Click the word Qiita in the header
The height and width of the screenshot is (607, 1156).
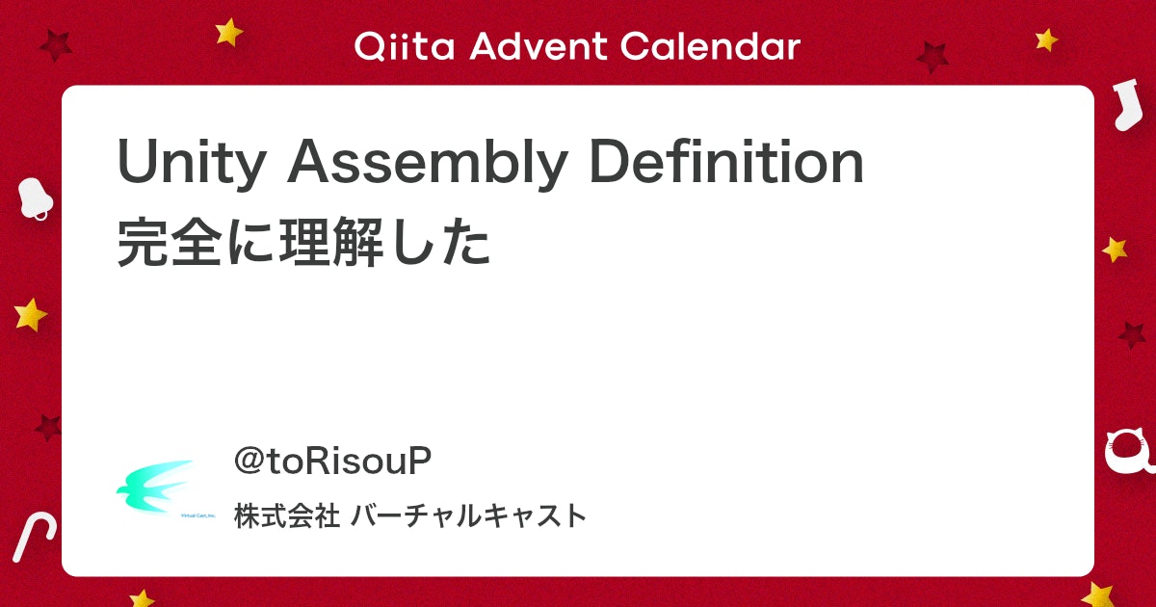point(405,46)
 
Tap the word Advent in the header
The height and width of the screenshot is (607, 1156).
point(539,46)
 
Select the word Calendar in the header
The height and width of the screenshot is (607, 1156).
point(711,46)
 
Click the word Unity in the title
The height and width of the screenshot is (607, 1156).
point(192,163)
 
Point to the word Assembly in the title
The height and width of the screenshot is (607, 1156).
point(428,163)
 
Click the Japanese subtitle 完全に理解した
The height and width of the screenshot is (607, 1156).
point(303,242)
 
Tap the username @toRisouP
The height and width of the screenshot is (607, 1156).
point(332,461)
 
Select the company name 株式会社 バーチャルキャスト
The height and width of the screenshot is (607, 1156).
point(410,515)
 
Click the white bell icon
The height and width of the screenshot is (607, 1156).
point(35,198)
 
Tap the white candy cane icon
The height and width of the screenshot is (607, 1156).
point(34,537)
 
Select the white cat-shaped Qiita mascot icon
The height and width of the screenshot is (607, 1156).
point(1129,453)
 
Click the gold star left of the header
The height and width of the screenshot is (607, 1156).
point(228,33)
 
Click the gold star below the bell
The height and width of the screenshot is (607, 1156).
point(31,314)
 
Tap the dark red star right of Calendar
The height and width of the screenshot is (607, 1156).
point(933,57)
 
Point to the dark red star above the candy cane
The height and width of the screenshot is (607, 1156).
point(48,428)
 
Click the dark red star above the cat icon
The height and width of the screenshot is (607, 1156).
point(1132,335)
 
